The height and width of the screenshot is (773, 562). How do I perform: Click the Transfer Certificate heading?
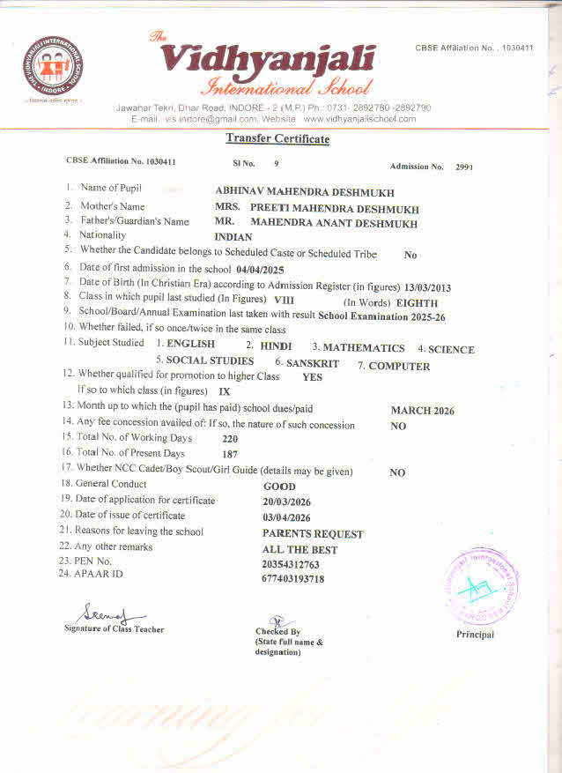coord(277,138)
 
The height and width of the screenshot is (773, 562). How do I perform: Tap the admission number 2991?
coord(464,167)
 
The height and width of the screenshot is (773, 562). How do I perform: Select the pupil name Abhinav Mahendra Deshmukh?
coord(305,192)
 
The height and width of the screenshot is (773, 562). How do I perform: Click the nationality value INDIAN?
coord(233,237)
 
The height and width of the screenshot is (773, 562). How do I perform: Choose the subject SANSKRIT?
coord(313,363)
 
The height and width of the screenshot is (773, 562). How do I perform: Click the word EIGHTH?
coord(418,302)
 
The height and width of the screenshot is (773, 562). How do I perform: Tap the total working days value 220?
coord(230,439)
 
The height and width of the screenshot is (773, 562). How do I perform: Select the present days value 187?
coord(230,454)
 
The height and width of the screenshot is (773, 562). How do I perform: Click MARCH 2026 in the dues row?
coord(422,411)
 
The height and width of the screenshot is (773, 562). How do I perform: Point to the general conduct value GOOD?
coord(279,487)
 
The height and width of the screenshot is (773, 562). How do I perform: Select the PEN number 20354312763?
coord(291,564)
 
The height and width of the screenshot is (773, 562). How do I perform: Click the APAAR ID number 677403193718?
coord(292,579)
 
